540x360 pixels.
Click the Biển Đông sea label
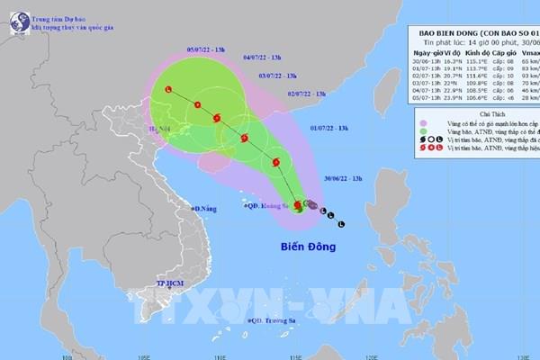point(305,245)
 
